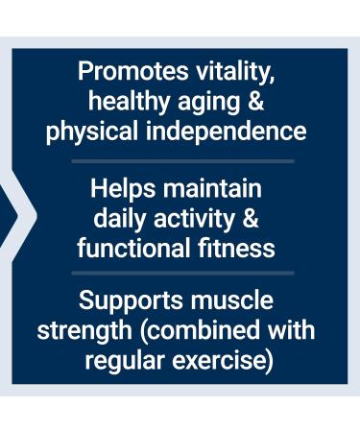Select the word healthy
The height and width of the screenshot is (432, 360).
click(x=126, y=101)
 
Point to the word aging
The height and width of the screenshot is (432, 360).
click(x=205, y=101)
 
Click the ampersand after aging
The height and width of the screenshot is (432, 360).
click(x=252, y=101)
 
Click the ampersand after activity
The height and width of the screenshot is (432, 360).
click(x=251, y=218)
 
